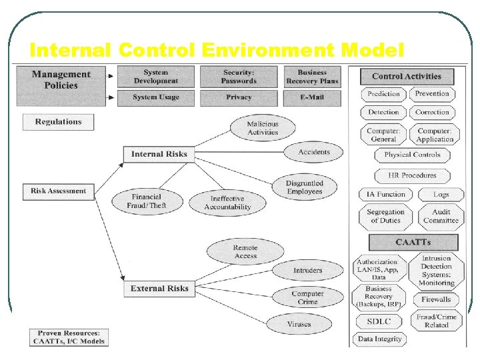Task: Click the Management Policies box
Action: tap(61, 80)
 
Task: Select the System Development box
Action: tap(155, 77)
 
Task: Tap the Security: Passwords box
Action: tap(239, 77)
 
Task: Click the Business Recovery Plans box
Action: tap(312, 77)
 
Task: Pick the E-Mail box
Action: tap(312, 97)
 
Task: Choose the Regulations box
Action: tap(58, 122)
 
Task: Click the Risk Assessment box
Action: tap(58, 191)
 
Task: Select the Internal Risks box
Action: tap(159, 154)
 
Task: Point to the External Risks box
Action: tap(159, 289)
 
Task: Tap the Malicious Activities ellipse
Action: tap(263, 128)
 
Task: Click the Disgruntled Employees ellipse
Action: tap(304, 187)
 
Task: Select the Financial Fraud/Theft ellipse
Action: tap(147, 201)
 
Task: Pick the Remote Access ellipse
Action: tap(245, 252)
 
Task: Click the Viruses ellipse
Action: tap(299, 324)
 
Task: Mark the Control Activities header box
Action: tap(407, 77)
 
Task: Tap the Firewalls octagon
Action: tap(436, 299)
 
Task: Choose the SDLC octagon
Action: tap(379, 321)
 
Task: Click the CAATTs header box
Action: tap(413, 242)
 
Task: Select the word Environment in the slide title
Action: tap(273, 50)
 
